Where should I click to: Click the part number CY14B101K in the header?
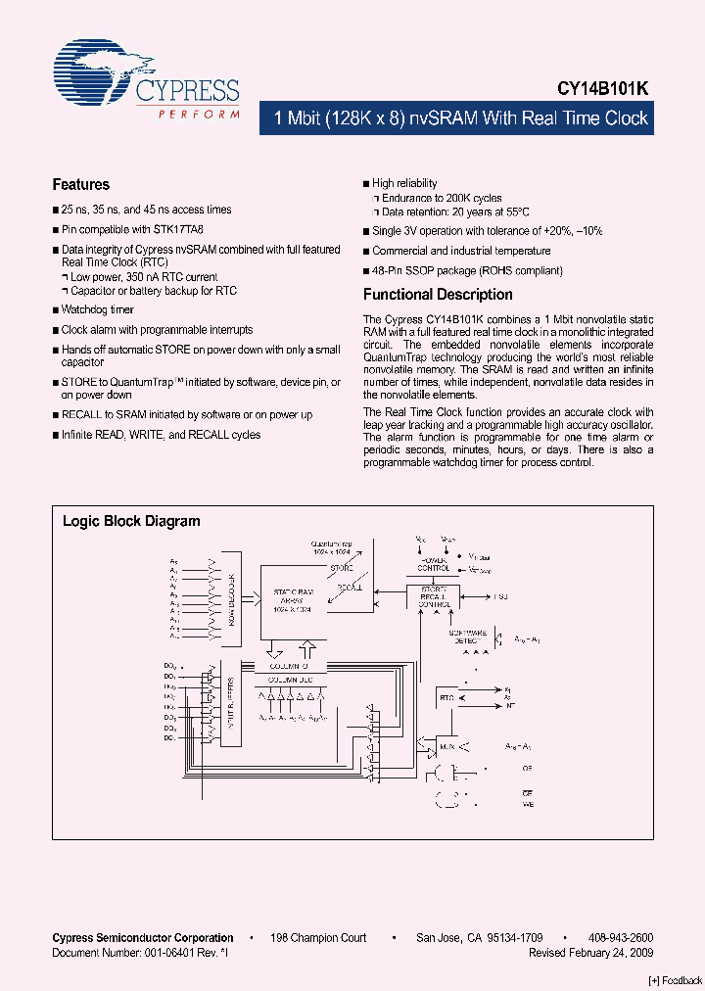(603, 88)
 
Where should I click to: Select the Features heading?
(80, 184)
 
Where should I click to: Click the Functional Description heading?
(438, 294)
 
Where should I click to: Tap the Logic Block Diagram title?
(131, 521)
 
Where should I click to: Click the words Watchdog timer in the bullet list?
(98, 309)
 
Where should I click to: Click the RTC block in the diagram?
(447, 697)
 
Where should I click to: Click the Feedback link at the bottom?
(676, 980)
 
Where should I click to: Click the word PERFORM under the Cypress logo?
(199, 116)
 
